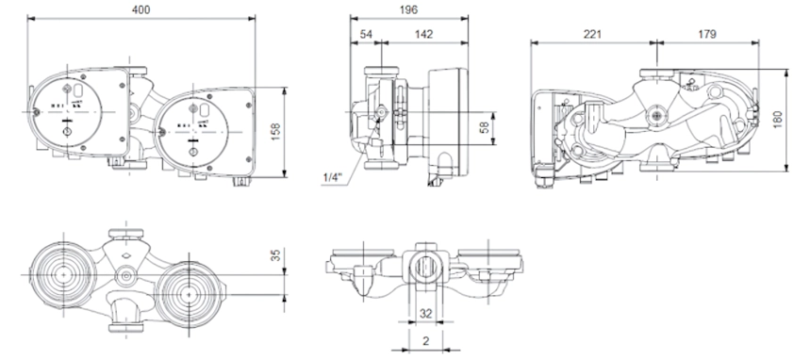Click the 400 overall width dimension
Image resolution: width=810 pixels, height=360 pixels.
pos(141,9)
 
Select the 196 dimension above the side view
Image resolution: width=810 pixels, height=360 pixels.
pos(408,9)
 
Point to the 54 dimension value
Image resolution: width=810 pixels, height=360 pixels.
pos(366,34)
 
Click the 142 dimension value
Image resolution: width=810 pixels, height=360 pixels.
pos(423,34)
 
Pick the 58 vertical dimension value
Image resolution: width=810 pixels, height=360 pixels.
pos(485,128)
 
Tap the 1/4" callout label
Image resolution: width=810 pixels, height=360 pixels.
pos(333,177)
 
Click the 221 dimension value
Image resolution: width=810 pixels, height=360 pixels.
pos(592,34)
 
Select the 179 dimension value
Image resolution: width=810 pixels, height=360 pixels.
pos(706,34)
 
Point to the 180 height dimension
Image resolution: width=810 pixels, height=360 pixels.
pos(778,120)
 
